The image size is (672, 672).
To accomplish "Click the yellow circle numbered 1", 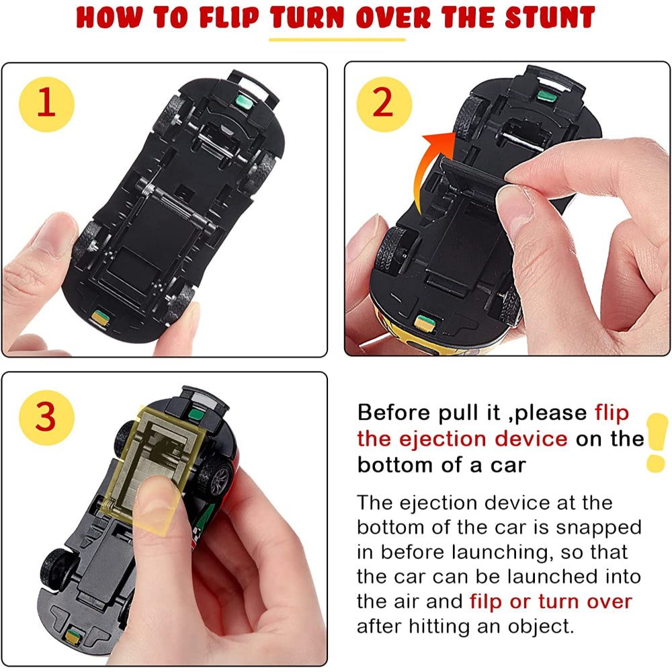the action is click(x=47, y=104).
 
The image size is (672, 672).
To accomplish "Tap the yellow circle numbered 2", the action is click(x=384, y=104).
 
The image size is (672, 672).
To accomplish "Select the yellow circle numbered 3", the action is click(x=47, y=417).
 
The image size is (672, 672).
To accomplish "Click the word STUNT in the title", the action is click(x=550, y=17).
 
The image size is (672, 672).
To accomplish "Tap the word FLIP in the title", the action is click(x=229, y=18).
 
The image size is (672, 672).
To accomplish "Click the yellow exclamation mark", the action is click(x=657, y=443).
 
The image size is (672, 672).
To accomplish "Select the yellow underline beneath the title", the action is click(x=337, y=40).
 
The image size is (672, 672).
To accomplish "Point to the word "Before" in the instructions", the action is click(x=393, y=413).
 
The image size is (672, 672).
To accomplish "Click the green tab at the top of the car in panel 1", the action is click(x=244, y=101).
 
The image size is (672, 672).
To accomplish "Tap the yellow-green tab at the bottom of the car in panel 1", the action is click(x=101, y=317).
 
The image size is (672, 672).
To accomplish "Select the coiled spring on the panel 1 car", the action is click(x=149, y=189).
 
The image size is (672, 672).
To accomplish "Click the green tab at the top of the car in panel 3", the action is click(x=196, y=414).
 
